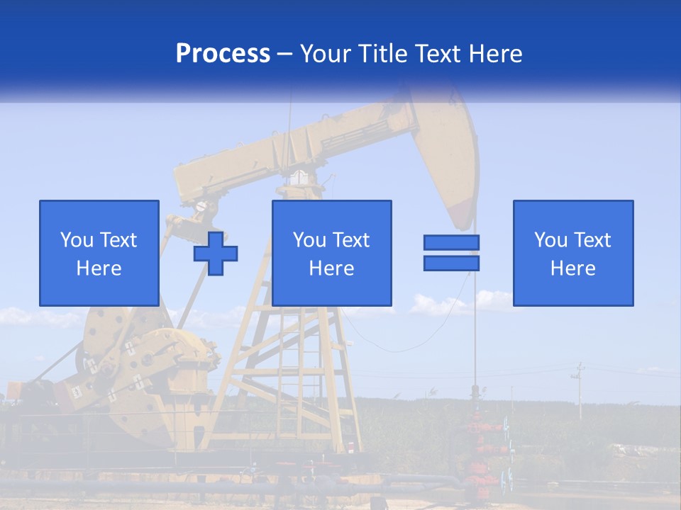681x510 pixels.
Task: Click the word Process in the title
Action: pyautogui.click(x=223, y=54)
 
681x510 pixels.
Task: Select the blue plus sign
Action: pyautogui.click(x=216, y=253)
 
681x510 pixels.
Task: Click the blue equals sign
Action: pyautogui.click(x=451, y=253)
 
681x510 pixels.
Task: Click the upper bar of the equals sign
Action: pyautogui.click(x=451, y=243)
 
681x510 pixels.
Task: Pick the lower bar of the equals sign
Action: pyautogui.click(x=451, y=263)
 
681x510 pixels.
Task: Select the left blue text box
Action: pyautogui.click(x=99, y=253)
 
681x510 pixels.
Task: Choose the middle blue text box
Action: pyautogui.click(x=331, y=253)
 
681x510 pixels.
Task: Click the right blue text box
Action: pyautogui.click(x=572, y=253)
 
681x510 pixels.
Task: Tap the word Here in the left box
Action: pyautogui.click(x=99, y=268)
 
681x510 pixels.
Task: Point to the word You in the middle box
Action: pyautogui.click(x=309, y=240)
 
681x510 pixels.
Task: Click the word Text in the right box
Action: pyautogui.click(x=592, y=240)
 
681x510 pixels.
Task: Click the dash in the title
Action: pyautogui.click(x=285, y=54)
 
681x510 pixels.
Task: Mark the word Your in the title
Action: pyautogui.click(x=328, y=54)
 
